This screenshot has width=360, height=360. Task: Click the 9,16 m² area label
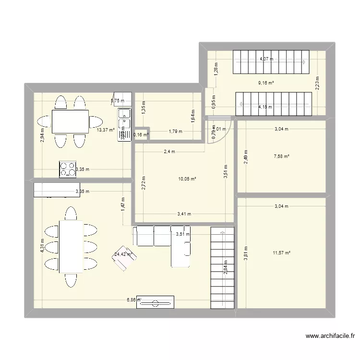[x=266, y=83]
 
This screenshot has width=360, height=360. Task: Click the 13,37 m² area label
[x=106, y=130]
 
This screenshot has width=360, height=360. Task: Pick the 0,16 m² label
[x=141, y=135]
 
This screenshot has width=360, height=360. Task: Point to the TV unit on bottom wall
[x=155, y=302]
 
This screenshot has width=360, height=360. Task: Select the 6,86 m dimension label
[x=133, y=300]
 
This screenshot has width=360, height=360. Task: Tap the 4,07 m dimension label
[x=266, y=59]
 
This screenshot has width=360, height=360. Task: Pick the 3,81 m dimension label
[x=246, y=253]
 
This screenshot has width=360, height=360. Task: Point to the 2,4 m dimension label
[x=169, y=152]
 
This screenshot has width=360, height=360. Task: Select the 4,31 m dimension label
[x=43, y=246]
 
